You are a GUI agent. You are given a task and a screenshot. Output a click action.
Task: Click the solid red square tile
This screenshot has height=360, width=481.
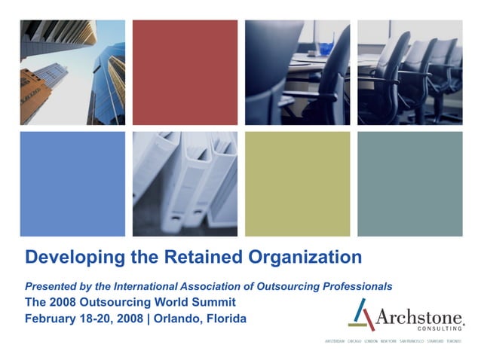[x=185, y=72]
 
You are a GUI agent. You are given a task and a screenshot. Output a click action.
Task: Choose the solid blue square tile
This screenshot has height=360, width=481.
[x=72, y=185]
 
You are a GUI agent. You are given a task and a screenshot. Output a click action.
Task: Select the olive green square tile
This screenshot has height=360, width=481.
[x=297, y=185]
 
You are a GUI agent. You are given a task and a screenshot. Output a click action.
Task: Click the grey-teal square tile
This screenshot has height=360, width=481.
[x=409, y=185]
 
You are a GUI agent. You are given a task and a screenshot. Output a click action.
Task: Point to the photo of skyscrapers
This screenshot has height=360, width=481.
[x=72, y=72]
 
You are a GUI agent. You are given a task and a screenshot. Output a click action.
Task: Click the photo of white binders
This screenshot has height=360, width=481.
[x=185, y=185]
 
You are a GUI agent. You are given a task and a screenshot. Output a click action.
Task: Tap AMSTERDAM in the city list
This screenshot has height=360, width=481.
[x=335, y=341]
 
